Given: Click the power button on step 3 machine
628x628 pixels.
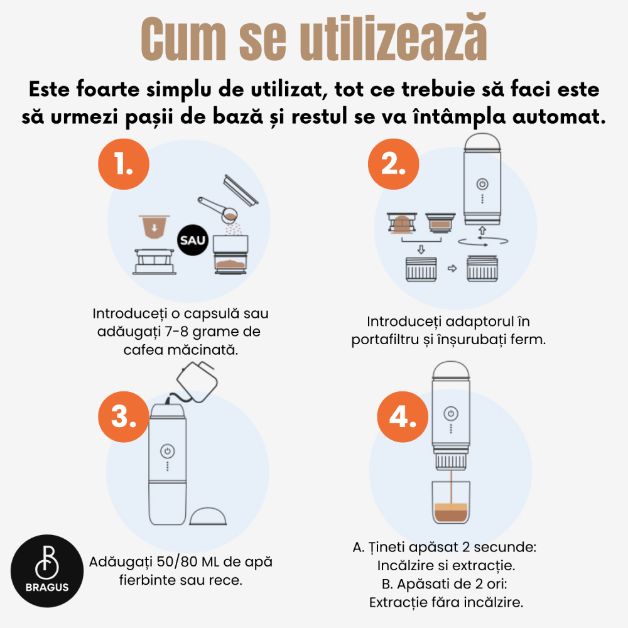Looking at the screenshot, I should (167, 451).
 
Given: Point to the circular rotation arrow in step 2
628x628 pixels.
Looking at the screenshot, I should (482, 241).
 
